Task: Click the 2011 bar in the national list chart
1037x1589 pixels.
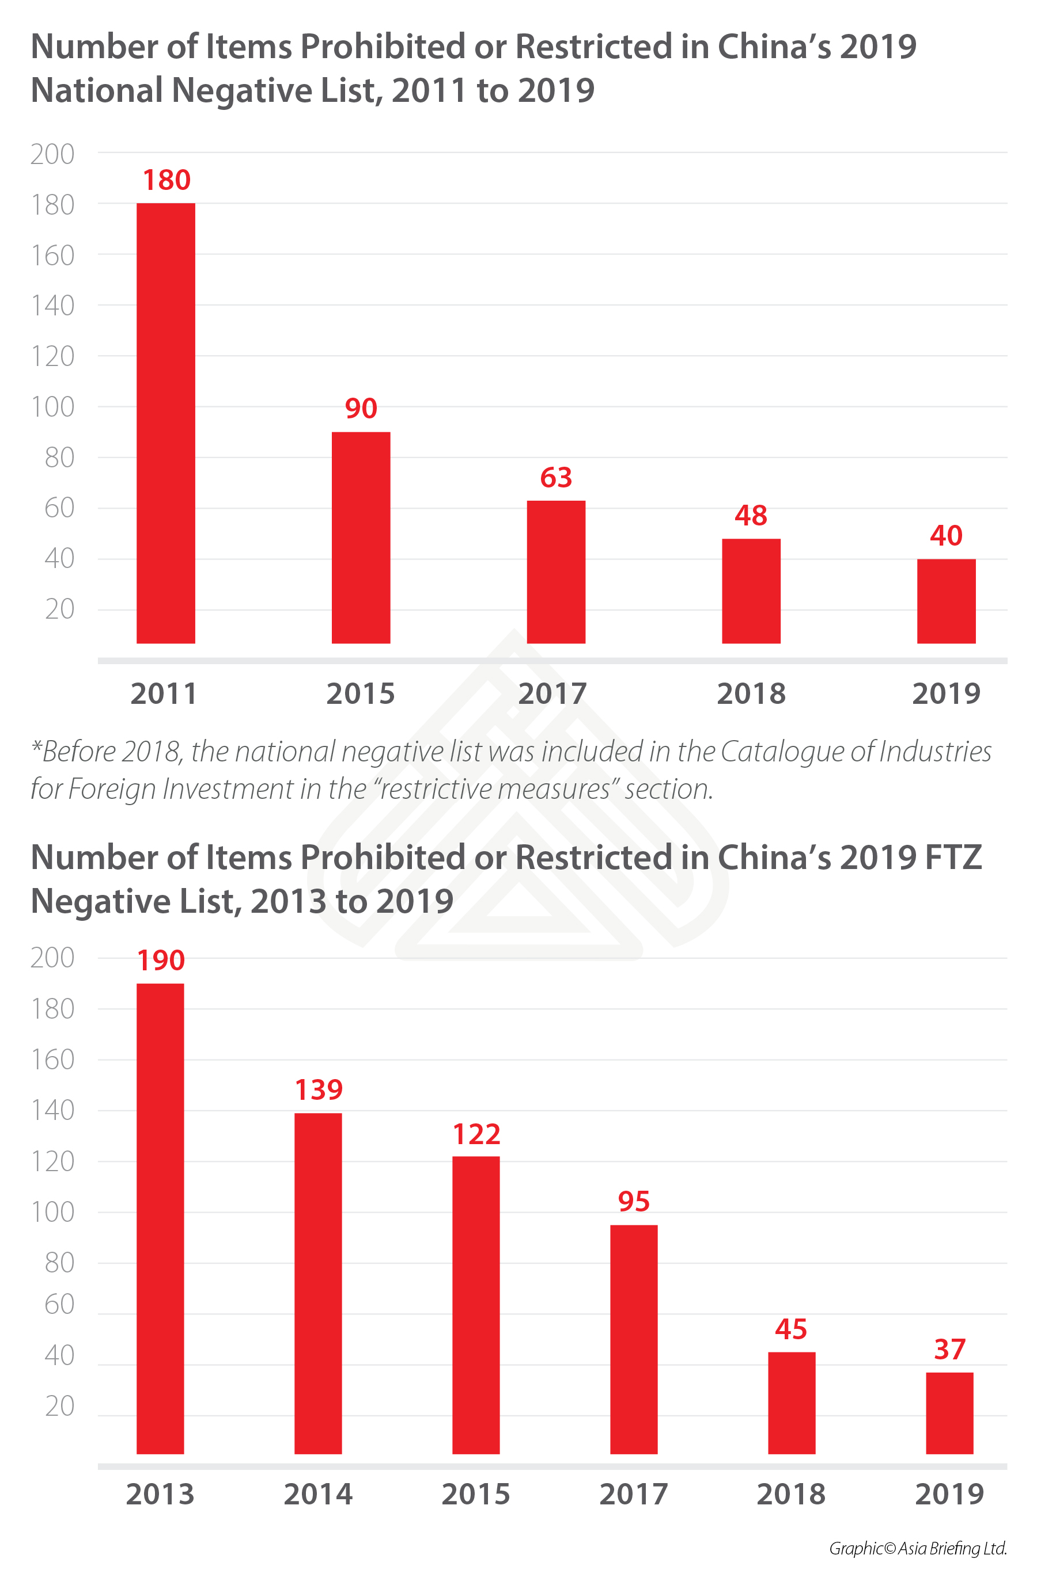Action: point(166,422)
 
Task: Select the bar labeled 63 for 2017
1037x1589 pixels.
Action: point(556,571)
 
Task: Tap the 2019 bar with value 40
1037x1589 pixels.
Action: point(946,601)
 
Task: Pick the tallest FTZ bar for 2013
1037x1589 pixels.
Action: point(160,1218)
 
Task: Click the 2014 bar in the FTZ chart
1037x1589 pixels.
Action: point(318,1283)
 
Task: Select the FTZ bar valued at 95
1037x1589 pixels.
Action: point(633,1339)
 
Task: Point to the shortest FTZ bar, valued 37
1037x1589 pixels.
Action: point(949,1413)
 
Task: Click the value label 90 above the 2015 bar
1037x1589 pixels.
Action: point(361,408)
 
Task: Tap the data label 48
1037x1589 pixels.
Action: point(751,516)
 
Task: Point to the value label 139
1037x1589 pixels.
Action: point(319,1089)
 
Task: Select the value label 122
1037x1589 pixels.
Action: point(476,1134)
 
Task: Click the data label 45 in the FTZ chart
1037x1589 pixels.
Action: point(791,1329)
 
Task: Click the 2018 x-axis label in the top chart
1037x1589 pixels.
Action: point(751,693)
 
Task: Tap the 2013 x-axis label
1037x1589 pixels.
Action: point(160,1494)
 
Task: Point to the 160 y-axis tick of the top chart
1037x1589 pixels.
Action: point(53,255)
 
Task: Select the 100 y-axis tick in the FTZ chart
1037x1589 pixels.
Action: point(53,1212)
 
